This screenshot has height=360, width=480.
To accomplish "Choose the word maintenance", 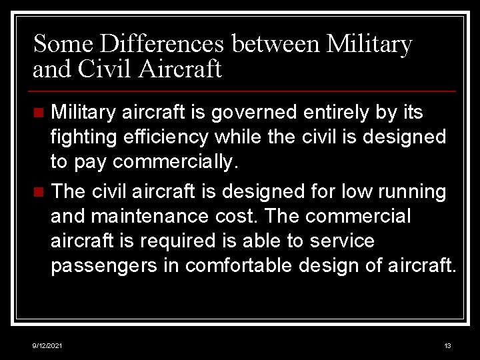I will (x=153, y=216).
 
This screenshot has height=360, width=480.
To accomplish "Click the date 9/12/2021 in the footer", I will (x=48, y=346).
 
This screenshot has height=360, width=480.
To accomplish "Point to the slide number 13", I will (x=447, y=346).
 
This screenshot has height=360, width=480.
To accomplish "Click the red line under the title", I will (x=244, y=91).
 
